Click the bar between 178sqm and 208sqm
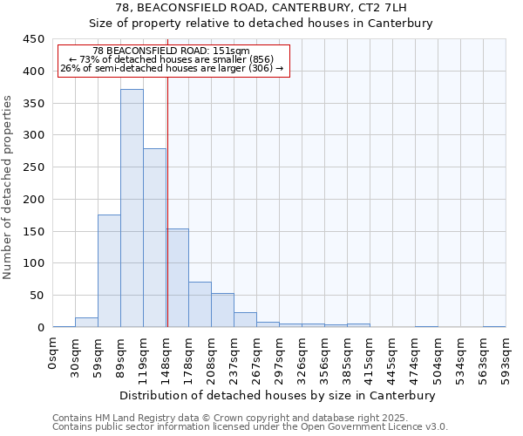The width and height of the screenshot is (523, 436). [x=200, y=304]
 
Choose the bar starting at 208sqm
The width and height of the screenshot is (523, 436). [x=222, y=310]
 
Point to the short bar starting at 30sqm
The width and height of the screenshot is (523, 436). [x=86, y=322]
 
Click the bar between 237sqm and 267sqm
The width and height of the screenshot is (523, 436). [x=245, y=319]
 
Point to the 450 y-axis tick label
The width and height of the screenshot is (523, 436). [x=33, y=39]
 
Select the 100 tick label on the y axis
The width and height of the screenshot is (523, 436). [x=33, y=263]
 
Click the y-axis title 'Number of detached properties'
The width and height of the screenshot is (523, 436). [x=10, y=187]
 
